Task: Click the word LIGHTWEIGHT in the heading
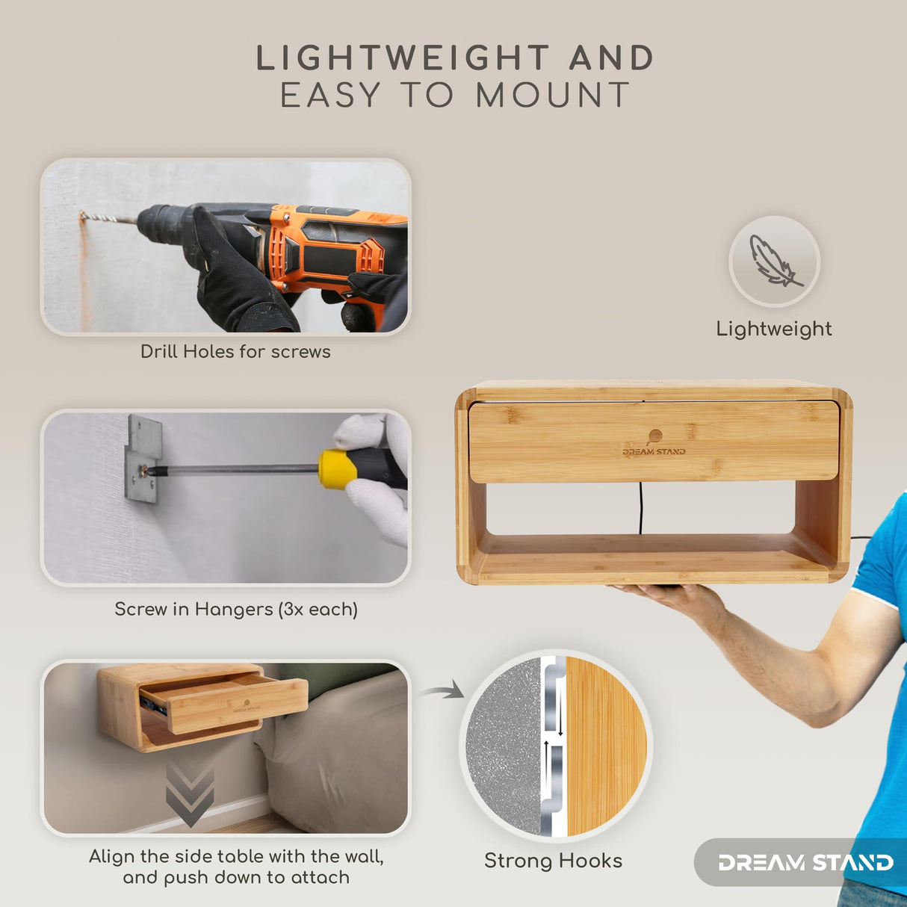tap(403, 58)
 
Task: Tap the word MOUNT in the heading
tap(553, 95)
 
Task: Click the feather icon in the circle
tap(774, 260)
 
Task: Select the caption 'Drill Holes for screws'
tap(235, 352)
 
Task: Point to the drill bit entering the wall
tap(109, 219)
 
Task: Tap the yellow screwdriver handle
tap(337, 469)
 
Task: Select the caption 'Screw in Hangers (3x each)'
tap(236, 610)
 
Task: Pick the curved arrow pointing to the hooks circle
tap(442, 690)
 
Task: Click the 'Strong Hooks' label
tap(553, 861)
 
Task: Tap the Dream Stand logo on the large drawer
tap(654, 443)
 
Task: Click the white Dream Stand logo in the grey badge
tap(805, 863)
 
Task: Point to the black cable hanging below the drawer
tap(640, 508)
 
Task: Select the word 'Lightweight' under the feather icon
tap(774, 329)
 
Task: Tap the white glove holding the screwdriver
tap(377, 480)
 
